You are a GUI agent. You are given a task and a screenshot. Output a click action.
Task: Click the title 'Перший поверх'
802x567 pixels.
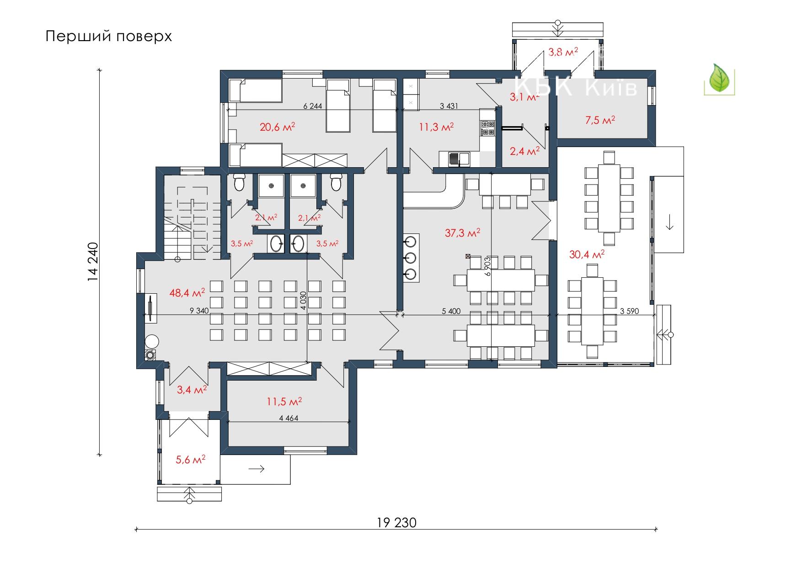coord(109,37)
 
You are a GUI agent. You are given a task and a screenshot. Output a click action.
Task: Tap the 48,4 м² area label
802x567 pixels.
coord(187,292)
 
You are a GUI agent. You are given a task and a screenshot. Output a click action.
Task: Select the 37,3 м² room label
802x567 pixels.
coord(462,233)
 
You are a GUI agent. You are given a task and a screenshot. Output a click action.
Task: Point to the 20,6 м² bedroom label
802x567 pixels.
coord(277,127)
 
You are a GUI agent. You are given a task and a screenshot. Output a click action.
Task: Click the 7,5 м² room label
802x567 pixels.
coord(600,120)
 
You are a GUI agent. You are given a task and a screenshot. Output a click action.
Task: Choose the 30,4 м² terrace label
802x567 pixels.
coord(587,254)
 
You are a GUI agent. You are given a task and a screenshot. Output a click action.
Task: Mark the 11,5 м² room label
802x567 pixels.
coord(284,402)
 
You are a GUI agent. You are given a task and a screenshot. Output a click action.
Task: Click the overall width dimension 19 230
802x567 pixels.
coord(397,523)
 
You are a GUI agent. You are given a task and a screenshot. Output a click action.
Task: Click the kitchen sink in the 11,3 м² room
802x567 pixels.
coord(459,159)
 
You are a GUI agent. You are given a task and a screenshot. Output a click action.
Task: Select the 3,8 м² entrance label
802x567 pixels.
coord(563,52)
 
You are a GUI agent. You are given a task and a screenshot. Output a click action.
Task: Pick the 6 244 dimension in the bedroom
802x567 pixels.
coord(313,106)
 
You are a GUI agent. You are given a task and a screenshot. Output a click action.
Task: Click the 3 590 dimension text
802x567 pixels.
coord(629,311)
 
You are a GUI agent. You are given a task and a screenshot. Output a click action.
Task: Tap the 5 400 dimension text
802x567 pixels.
coord(451,311)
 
